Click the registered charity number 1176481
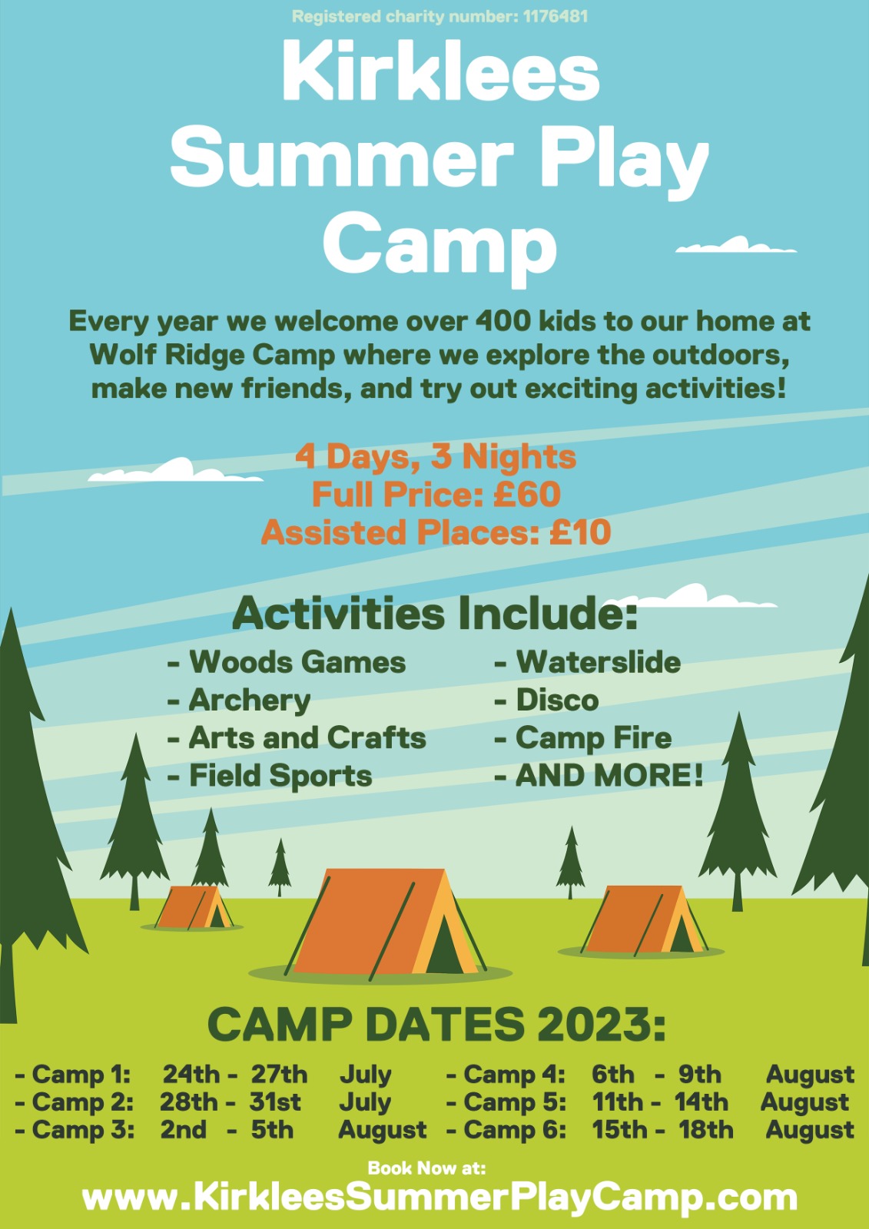[555, 17]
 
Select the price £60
[527, 495]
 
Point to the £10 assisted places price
[579, 532]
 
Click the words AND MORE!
[609, 776]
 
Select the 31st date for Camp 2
[275, 1101]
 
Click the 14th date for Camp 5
[701, 1101]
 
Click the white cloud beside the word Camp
[735, 245]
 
